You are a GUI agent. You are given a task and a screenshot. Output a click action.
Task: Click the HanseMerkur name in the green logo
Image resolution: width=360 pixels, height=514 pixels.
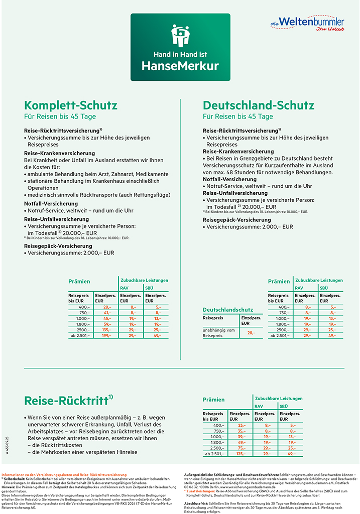pos(180,66)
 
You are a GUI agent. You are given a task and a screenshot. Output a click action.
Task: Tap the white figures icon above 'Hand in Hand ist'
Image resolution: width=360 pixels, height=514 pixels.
pos(180,35)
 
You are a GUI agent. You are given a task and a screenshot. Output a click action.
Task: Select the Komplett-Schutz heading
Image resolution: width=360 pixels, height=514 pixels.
pos(71,105)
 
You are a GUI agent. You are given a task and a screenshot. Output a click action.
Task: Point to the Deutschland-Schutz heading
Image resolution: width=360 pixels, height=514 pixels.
pos(259,105)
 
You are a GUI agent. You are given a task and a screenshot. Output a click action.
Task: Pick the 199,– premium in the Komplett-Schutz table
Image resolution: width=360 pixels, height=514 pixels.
pos(107,335)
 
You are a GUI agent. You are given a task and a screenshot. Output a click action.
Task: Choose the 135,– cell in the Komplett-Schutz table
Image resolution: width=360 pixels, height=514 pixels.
pos(107,330)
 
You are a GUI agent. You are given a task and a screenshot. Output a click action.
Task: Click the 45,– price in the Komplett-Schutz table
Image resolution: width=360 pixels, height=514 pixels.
pos(107,318)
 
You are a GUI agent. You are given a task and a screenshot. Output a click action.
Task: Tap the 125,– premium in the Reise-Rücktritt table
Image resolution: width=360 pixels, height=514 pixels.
pos(241,454)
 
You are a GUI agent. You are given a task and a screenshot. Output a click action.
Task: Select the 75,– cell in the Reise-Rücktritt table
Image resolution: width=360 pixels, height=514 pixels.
pos(241,448)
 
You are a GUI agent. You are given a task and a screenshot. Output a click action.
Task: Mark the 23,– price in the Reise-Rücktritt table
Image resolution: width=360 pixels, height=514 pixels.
pos(241,425)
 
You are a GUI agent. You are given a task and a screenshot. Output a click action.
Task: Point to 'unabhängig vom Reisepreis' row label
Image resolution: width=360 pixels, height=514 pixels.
pos(219,332)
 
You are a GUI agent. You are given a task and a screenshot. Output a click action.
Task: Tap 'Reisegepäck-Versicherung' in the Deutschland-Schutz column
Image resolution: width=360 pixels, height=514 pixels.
pos(236,220)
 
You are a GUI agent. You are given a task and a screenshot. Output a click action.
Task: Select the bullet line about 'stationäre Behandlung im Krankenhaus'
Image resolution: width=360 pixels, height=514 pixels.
pos(93,181)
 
